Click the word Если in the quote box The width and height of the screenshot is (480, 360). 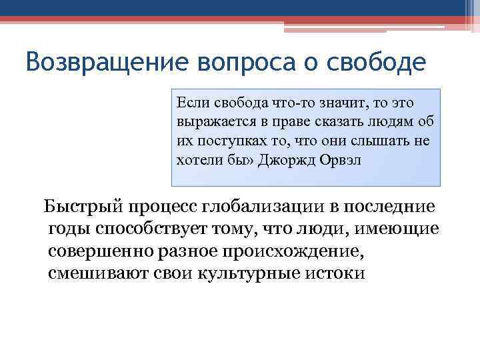tap(191, 103)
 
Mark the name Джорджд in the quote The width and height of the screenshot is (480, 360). tap(289, 160)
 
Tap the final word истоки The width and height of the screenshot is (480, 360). tap(340, 274)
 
